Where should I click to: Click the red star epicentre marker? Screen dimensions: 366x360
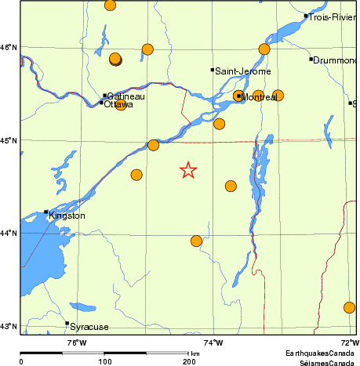coord(188,170)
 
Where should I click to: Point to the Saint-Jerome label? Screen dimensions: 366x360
coord(243,71)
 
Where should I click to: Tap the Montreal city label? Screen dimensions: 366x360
coord(260,96)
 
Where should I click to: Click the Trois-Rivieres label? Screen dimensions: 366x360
coord(333,16)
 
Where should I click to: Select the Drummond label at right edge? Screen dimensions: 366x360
coord(336,60)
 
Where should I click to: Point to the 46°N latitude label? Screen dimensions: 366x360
coord(9,48)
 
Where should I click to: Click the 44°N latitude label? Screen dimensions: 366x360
coord(9,234)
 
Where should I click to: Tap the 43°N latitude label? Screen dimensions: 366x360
coord(9,327)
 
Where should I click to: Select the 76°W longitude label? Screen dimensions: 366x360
coord(75,342)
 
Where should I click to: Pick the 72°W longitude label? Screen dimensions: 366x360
coord(350,342)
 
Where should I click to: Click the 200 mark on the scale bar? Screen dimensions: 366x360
coord(189,361)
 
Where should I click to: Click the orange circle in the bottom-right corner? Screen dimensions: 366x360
coord(350,307)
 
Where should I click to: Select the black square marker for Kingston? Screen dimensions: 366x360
coord(46,212)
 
